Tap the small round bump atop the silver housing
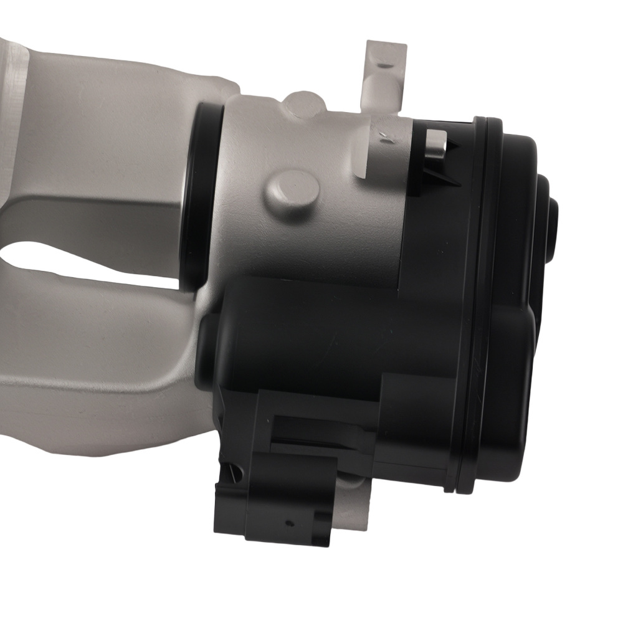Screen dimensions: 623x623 [303, 102]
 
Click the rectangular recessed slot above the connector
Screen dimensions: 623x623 [324, 430]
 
